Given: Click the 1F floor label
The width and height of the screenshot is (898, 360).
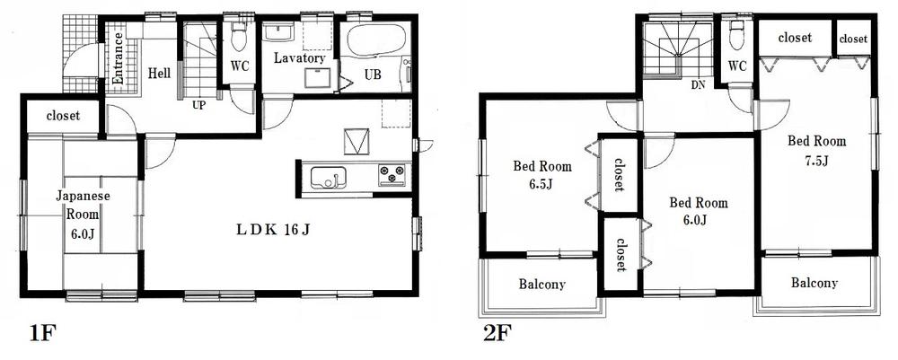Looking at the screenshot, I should (x=43, y=335).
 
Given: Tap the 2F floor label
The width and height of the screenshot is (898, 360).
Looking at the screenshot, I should (x=497, y=335).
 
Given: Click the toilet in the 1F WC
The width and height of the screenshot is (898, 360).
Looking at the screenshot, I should (x=239, y=39).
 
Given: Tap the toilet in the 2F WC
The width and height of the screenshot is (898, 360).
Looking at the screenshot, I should (x=737, y=37).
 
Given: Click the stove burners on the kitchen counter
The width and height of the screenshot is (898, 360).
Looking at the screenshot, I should (x=392, y=174).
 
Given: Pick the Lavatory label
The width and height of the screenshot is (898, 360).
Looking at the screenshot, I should (x=300, y=58).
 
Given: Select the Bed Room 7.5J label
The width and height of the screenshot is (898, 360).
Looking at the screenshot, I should (x=816, y=151).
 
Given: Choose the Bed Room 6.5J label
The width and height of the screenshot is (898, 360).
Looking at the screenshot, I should (x=541, y=175).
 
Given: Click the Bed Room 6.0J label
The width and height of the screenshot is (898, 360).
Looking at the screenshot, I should (x=698, y=212).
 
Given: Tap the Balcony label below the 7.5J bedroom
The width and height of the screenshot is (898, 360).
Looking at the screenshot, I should (x=814, y=283).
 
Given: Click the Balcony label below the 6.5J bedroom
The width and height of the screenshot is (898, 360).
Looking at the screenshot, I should (x=541, y=285).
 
